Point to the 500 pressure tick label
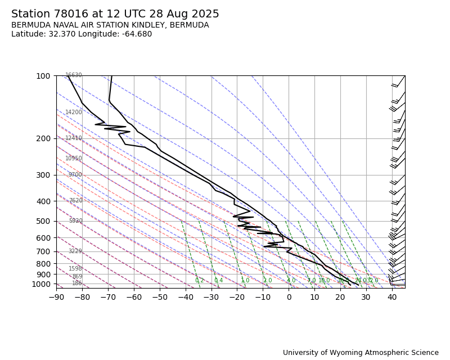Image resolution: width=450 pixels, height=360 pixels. click(43, 221)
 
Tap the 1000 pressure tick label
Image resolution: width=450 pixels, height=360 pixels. click(42, 284)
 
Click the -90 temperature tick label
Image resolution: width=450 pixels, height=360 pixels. click(56, 297)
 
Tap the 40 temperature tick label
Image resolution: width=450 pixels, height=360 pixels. click(392, 297)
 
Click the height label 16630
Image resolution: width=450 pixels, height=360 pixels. click(74, 75)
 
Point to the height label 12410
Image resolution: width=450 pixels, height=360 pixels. click(74, 138)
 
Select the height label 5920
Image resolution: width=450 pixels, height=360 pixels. click(75, 221)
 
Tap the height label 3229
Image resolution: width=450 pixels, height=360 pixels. click(75, 251)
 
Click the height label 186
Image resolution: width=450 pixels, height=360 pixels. click(77, 283)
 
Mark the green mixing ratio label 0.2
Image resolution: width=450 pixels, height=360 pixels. click(200, 281)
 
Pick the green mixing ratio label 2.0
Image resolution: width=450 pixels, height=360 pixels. click(267, 281)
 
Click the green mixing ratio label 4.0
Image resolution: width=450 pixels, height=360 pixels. click(291, 281)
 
